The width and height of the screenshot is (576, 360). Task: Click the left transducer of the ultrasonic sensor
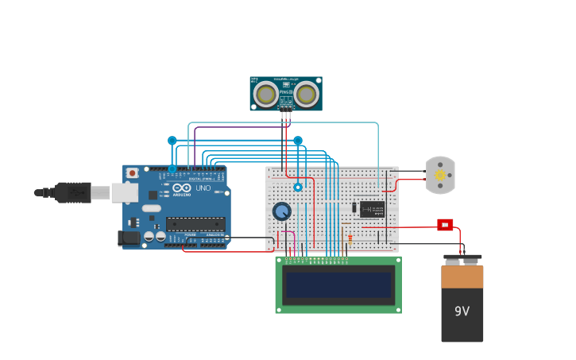pos(265,95)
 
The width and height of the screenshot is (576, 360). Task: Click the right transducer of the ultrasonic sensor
pos(306,95)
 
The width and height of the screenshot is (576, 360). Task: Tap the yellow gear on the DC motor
pos(439,176)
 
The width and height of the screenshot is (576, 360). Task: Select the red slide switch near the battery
pos(445,225)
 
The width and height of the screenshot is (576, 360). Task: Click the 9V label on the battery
pos(462,312)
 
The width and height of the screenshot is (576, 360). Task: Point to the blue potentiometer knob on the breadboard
pos(281,211)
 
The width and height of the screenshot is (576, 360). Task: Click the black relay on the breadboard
pos(372,209)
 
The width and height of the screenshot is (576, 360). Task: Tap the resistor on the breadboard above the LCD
pos(350,238)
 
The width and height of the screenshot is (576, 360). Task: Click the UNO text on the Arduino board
pos(203,188)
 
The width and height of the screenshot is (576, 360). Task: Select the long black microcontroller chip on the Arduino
pos(195,224)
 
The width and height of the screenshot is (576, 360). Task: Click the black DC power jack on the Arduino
pos(126,238)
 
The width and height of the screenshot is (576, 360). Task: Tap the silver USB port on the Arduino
pos(125,192)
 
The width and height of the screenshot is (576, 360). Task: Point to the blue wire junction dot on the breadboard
pos(298,188)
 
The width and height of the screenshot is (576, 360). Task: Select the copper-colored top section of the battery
pos(462,277)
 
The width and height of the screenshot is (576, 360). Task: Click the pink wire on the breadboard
pos(294,242)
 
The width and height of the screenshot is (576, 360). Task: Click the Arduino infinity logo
pos(182,188)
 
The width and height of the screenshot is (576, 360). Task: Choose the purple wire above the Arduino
pos(238,127)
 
